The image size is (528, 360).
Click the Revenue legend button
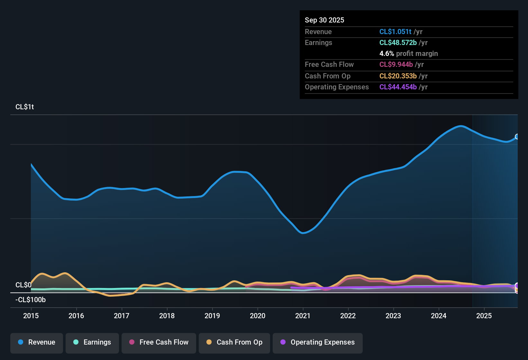click(x=37, y=342)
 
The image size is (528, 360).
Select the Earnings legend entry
click(x=92, y=342)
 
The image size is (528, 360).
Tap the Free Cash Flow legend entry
click(x=159, y=342)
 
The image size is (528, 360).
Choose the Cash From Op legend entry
click(x=234, y=342)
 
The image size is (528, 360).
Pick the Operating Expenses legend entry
click(x=318, y=342)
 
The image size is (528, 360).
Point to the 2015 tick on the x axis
click(x=31, y=316)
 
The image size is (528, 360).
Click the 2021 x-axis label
click(x=303, y=316)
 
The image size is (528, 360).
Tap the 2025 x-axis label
click(x=484, y=316)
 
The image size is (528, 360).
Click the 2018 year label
click(x=167, y=316)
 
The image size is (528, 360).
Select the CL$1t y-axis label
click(x=24, y=107)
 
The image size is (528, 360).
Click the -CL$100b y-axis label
click(x=31, y=300)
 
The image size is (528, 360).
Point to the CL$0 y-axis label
click(x=23, y=285)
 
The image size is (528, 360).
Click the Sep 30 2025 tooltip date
click(x=324, y=20)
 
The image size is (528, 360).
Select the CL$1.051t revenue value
click(x=395, y=32)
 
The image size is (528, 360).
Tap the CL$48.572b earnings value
click(x=398, y=43)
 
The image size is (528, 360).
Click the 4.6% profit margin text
click(x=408, y=54)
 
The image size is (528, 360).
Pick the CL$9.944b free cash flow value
click(x=396, y=65)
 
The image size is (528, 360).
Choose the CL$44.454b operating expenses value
click(x=398, y=87)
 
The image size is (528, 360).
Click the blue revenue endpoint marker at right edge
click(x=517, y=137)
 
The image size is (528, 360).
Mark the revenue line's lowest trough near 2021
click(x=303, y=233)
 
